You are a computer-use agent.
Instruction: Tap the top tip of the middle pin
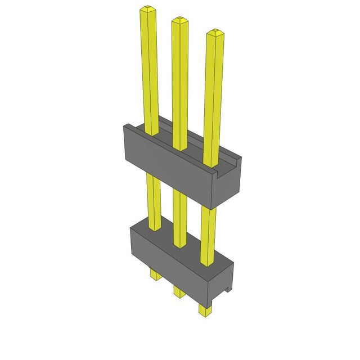pos(179,20)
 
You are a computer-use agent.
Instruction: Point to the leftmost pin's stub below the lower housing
pos(154,274)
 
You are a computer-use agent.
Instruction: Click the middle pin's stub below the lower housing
pos(178,291)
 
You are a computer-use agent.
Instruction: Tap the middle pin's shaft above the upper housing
pos(180,84)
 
